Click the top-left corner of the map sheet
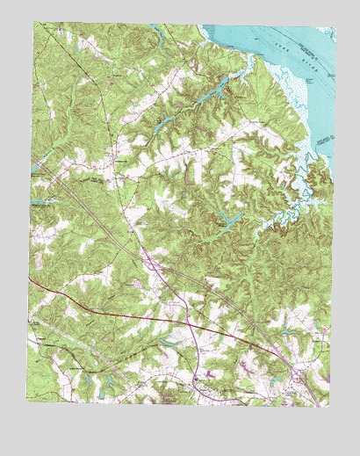pyautogui.click(x=34, y=23)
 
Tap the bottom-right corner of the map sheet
pyautogui.click(x=328, y=406)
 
